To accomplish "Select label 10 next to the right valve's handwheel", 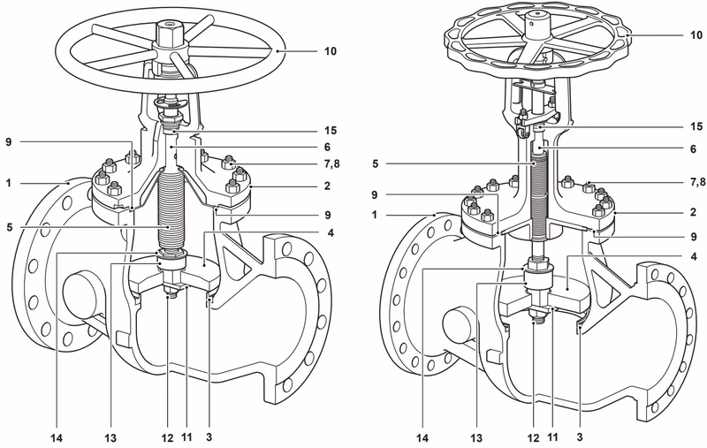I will coord(677,36).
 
